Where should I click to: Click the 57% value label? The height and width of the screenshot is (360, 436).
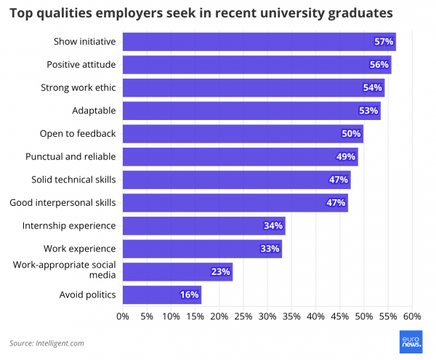384,42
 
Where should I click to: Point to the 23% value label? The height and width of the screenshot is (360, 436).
221,272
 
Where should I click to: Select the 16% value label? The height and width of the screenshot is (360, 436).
188,295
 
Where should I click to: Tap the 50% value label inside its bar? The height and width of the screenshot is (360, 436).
351,134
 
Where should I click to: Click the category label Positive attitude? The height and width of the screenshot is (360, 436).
81,65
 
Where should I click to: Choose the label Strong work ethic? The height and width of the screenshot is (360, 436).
78,88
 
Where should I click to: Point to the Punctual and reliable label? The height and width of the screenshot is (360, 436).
70,156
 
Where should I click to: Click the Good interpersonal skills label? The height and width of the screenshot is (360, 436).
62,202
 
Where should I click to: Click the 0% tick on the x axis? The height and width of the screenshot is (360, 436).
123,316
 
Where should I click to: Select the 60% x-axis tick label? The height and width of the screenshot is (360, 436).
412,316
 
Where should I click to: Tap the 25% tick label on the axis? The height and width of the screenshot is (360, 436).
243,316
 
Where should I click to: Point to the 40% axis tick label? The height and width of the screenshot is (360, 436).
315,316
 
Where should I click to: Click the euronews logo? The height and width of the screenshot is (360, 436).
411,343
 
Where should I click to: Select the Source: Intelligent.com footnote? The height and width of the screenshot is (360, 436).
47,343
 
